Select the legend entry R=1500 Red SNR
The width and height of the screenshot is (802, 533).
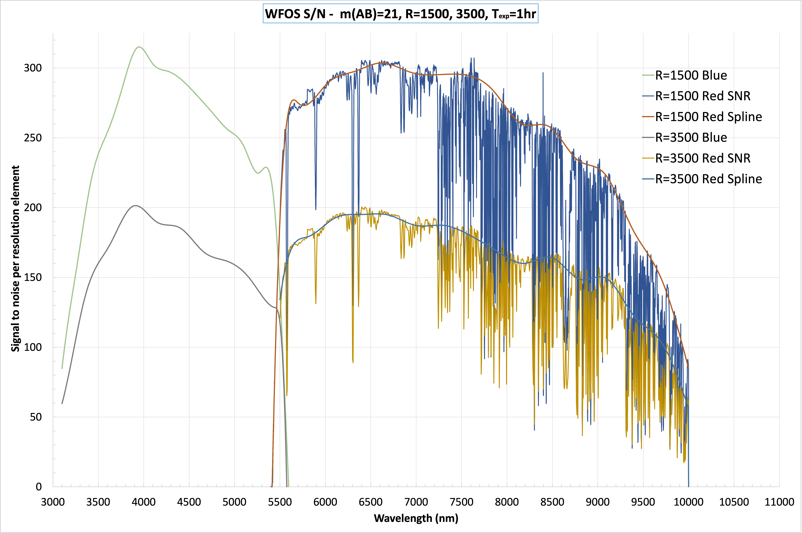702,96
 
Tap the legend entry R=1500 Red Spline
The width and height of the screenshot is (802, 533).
708,117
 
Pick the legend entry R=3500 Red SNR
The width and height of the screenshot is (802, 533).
702,158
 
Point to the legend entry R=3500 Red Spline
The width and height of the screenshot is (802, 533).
708,179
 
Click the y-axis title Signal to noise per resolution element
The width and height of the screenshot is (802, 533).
15,258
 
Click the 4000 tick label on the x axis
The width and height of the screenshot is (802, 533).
143,502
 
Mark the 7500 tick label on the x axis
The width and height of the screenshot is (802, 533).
461,502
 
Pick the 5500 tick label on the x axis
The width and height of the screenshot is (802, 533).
280,502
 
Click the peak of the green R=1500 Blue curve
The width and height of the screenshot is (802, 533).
139,47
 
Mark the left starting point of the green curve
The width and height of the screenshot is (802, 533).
62,369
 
